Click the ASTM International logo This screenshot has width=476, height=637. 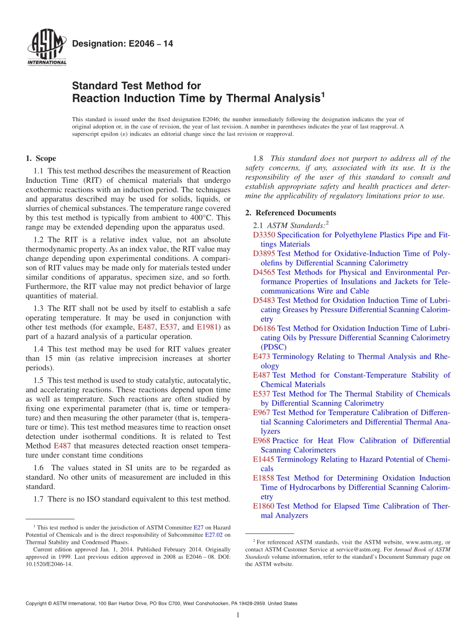click(x=46, y=48)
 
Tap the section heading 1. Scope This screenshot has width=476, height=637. click(x=41, y=159)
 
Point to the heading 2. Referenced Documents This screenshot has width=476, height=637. click(x=291, y=213)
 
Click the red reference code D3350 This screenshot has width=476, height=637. click(x=264, y=235)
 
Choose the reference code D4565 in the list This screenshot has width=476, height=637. click(x=264, y=272)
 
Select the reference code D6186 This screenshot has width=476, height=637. click(x=264, y=329)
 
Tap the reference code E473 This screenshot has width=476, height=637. click(x=262, y=357)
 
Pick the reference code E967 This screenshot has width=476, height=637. click(x=262, y=413)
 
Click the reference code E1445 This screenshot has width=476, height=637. click(x=264, y=459)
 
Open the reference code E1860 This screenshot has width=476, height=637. click(x=264, y=506)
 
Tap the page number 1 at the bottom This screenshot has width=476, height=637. click(x=238, y=615)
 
